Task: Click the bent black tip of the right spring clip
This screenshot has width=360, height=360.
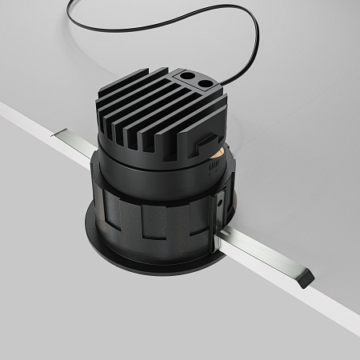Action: pyautogui.click(x=305, y=279)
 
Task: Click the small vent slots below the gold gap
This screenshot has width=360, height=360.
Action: pyautogui.click(x=214, y=163)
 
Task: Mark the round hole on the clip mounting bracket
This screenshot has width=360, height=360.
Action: pyautogui.click(x=219, y=203)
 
